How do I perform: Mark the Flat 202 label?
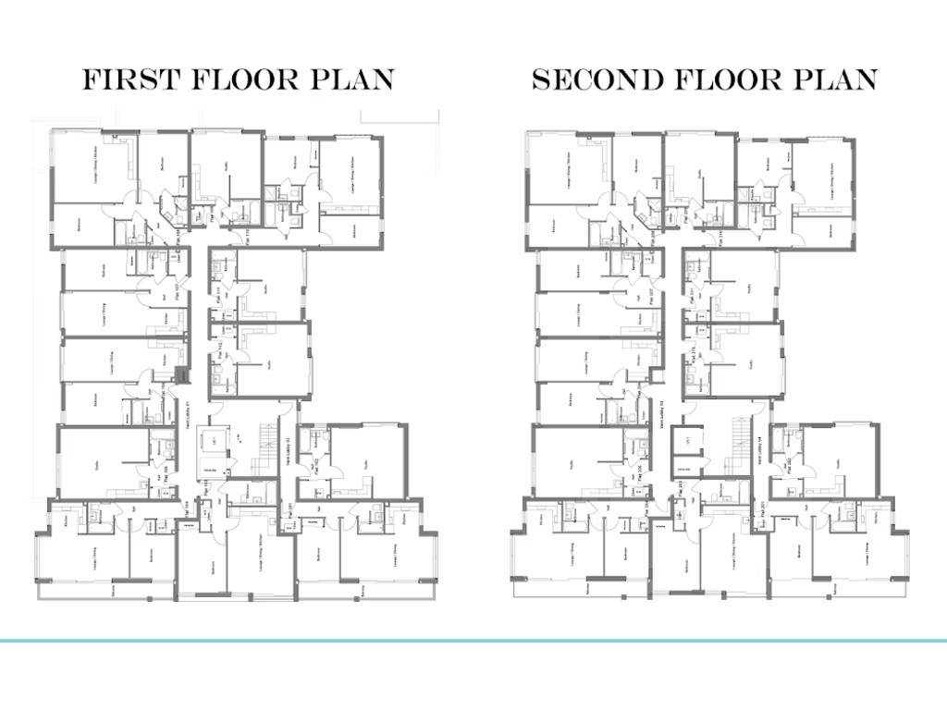pos(789,466)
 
